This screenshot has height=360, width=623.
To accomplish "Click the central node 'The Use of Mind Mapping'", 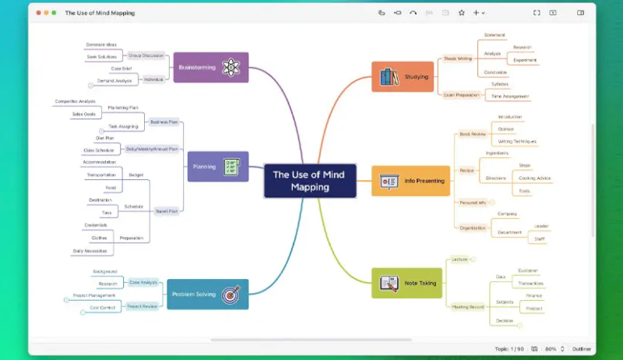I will [310, 181].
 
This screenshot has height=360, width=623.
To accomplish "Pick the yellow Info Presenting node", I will [410, 181].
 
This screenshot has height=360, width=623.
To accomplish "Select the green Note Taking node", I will [407, 283].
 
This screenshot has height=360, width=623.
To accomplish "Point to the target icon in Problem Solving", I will [231, 295].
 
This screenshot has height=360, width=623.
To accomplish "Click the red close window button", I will [37, 12].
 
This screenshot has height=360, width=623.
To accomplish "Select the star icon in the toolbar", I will [461, 12].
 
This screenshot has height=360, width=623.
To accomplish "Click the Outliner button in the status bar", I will [581, 348].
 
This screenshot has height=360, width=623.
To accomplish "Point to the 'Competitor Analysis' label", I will [75, 101].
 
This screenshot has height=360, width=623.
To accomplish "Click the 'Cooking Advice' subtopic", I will [535, 178].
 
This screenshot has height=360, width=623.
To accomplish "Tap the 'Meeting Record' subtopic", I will [468, 306].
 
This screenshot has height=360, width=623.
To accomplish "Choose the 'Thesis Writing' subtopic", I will [458, 58].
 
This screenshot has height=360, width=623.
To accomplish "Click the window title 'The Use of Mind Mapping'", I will [100, 12].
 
